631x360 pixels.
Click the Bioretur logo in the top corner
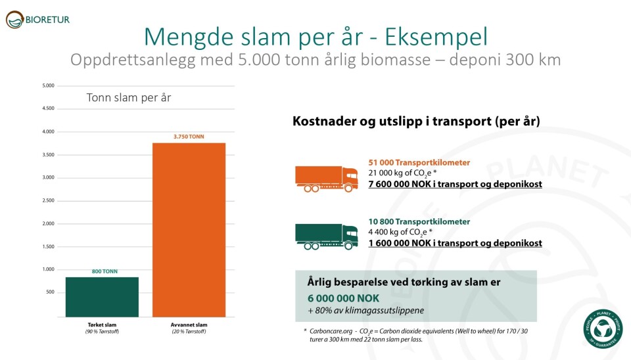click(37, 20)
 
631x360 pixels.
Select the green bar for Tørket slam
click(102, 297)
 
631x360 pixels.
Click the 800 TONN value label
click(102, 271)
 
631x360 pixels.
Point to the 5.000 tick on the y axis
click(48, 85)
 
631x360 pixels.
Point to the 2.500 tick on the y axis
click(48, 200)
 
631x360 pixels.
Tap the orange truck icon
click(326, 178)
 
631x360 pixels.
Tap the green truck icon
click(326, 236)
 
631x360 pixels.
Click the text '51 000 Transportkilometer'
click(419, 162)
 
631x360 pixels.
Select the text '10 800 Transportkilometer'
click(419, 221)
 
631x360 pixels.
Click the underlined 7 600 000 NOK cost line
click(455, 184)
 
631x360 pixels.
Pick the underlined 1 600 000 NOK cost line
click(455, 243)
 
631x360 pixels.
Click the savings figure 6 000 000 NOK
click(343, 296)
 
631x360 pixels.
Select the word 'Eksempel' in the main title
click(430, 36)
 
